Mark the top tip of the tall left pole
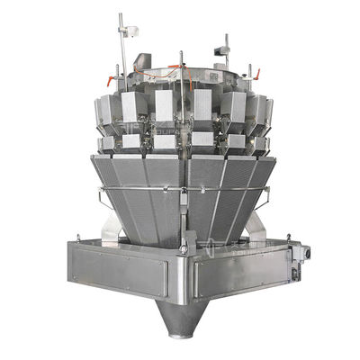click(120, 15)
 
